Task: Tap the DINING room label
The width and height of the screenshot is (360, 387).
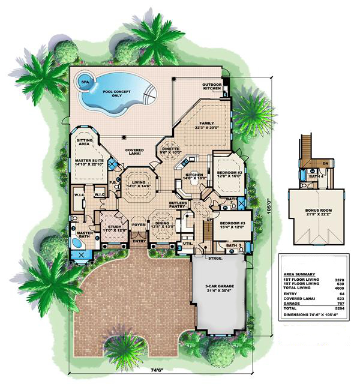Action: pos(163,223)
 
